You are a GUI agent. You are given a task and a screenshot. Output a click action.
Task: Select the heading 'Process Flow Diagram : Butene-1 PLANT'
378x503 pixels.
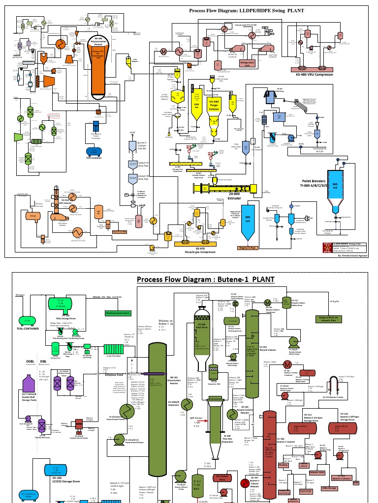pos(205,280)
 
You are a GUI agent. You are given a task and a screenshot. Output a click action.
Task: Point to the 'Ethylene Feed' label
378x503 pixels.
pos(116,374)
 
